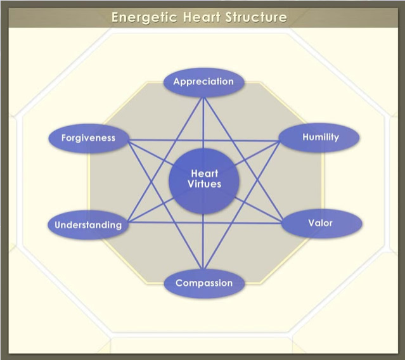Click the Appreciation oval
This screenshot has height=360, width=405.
pyautogui.click(x=204, y=82)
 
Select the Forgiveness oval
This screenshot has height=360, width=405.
pyautogui.click(x=89, y=138)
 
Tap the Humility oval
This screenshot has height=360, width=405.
pyautogui.click(x=319, y=138)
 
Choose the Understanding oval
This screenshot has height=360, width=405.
pyautogui.click(x=88, y=224)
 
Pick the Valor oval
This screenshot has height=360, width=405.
pyautogui.click(x=321, y=223)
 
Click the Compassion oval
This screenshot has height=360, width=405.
pyautogui.click(x=204, y=283)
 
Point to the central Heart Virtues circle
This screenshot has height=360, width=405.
pyautogui.click(x=204, y=181)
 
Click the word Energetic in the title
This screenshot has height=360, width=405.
pyautogui.click(x=145, y=18)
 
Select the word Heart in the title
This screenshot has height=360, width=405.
pyautogui.click(x=202, y=17)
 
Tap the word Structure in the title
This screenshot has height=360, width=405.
pyautogui.click(x=256, y=17)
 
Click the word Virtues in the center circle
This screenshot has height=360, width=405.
pyautogui.click(x=204, y=184)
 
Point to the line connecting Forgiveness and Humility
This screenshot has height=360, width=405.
pyautogui.click(x=204, y=141)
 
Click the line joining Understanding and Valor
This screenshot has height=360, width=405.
pyautogui.click(x=205, y=222)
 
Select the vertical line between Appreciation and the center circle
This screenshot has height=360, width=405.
pyautogui.click(x=203, y=123)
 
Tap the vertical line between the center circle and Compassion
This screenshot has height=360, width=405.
pyautogui.click(x=203, y=241)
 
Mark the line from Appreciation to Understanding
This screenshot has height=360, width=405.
pyautogui.click(x=165, y=160)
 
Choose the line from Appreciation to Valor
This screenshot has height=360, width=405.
pyautogui.click(x=243, y=160)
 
